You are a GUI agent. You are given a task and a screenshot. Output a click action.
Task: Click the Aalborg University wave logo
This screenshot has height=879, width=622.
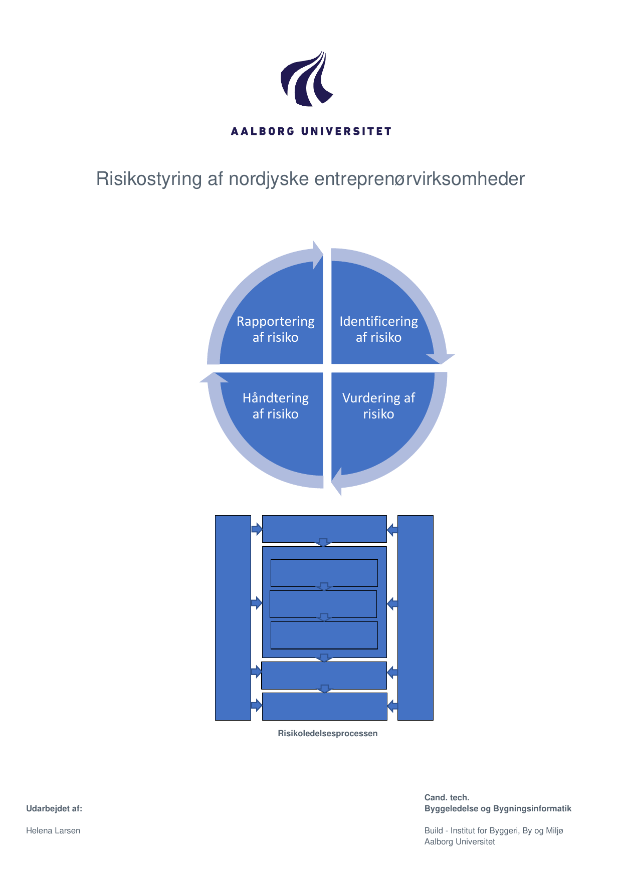tap(306, 79)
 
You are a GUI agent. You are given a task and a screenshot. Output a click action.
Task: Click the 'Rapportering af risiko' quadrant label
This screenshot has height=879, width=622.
tap(275, 329)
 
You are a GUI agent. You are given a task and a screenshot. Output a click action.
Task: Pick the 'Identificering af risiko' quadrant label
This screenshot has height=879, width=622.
tap(378, 329)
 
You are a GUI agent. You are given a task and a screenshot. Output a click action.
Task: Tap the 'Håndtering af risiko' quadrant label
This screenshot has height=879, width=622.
tap(275, 406)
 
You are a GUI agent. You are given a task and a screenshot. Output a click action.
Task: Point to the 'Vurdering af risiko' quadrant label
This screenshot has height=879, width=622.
tap(378, 406)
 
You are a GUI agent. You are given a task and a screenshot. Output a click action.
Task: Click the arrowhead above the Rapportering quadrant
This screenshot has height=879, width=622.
tap(318, 255)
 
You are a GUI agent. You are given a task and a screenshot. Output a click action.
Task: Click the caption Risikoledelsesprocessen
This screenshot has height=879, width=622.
tap(327, 734)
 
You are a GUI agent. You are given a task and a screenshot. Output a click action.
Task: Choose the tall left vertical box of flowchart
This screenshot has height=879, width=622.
tap(233, 617)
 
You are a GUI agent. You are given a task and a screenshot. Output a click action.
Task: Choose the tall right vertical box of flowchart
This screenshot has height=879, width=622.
tap(415, 617)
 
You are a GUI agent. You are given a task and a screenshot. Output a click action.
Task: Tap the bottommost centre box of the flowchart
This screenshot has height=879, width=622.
tap(324, 707)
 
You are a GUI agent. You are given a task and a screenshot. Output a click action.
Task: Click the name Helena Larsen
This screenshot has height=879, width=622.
tap(53, 831)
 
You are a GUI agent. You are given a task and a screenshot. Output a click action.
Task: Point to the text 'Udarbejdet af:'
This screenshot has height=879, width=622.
tap(54, 809)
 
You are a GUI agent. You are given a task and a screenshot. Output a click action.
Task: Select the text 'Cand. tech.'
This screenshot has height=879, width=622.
tap(447, 798)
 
